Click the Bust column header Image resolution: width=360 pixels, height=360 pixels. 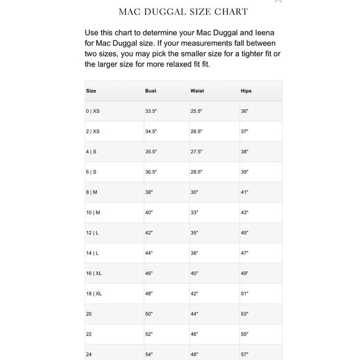151,91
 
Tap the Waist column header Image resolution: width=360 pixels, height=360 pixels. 197,91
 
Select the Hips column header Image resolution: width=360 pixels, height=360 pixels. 246,91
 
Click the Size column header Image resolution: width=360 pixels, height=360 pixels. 91,91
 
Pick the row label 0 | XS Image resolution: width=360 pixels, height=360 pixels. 93,111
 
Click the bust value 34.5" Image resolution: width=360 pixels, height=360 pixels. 151,132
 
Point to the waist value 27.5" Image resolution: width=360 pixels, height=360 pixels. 197,151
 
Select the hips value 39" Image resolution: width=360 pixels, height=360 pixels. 245,172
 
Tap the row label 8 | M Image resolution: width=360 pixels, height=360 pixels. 92,192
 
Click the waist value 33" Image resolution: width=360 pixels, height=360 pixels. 194,213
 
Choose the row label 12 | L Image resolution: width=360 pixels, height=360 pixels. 92,233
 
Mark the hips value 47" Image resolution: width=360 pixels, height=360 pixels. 245,253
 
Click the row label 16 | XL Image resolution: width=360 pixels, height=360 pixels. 94,274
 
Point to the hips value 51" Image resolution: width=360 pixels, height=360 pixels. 245,294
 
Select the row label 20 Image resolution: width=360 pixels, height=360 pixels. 89,314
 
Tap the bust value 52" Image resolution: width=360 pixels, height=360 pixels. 150,335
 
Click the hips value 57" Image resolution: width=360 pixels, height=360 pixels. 245,354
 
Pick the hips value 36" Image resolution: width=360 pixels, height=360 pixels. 245,111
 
